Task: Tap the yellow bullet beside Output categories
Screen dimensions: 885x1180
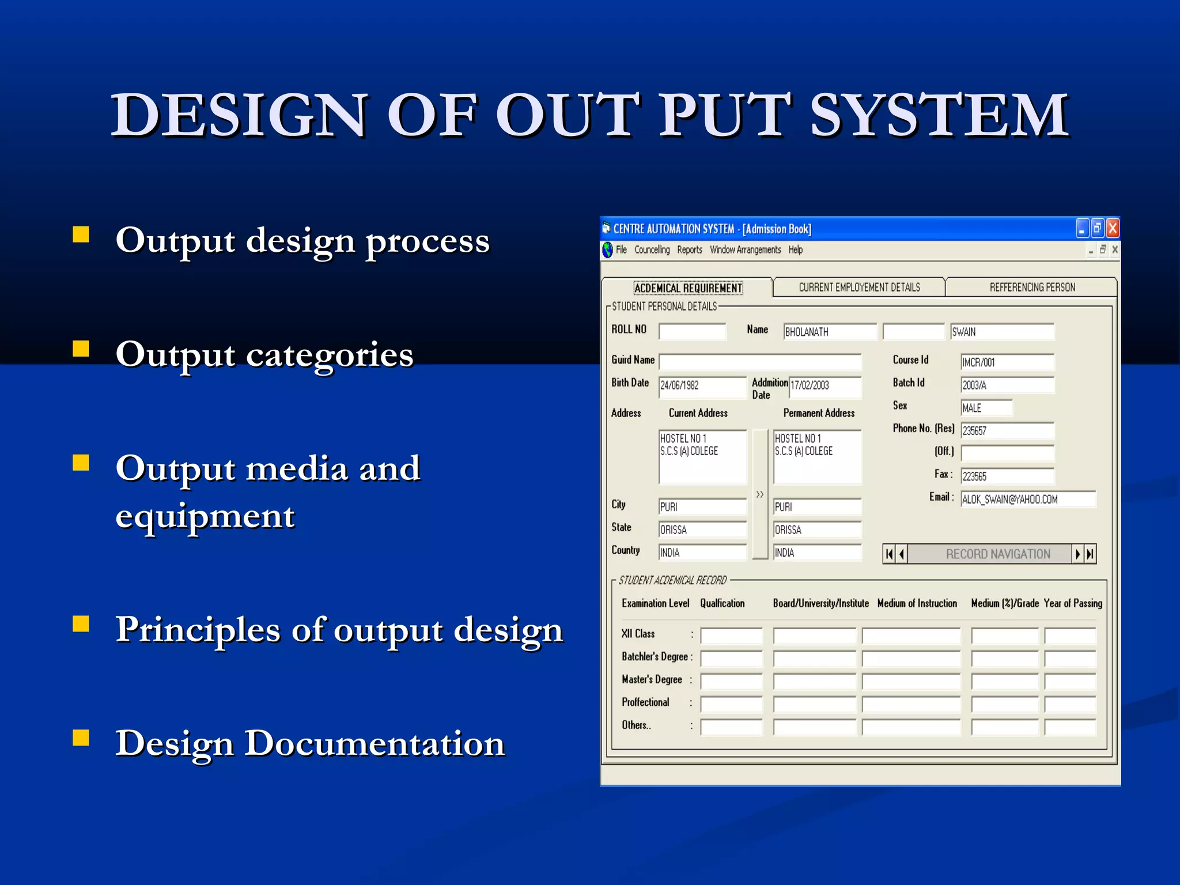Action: click(81, 349)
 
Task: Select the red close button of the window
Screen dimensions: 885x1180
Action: click(1113, 229)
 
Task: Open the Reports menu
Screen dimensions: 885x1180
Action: click(689, 249)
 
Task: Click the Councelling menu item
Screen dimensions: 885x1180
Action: click(652, 249)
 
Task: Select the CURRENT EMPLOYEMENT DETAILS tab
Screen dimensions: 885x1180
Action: click(858, 287)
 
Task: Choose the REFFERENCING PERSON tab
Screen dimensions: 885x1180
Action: click(1032, 287)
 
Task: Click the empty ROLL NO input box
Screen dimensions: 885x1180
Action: click(692, 332)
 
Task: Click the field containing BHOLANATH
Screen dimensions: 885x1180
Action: click(830, 332)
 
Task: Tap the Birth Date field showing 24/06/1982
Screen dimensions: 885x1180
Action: click(702, 385)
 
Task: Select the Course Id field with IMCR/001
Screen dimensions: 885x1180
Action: click(1007, 362)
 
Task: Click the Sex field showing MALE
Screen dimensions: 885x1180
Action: click(986, 408)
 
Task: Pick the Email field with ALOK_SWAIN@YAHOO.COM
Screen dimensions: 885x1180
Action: click(1027, 500)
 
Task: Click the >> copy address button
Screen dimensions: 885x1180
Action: click(760, 494)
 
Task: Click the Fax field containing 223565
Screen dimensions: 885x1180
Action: click(1007, 476)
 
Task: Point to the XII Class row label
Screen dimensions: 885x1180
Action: click(638, 634)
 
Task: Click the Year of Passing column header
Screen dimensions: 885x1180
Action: click(1072, 603)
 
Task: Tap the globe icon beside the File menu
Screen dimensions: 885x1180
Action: click(607, 250)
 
